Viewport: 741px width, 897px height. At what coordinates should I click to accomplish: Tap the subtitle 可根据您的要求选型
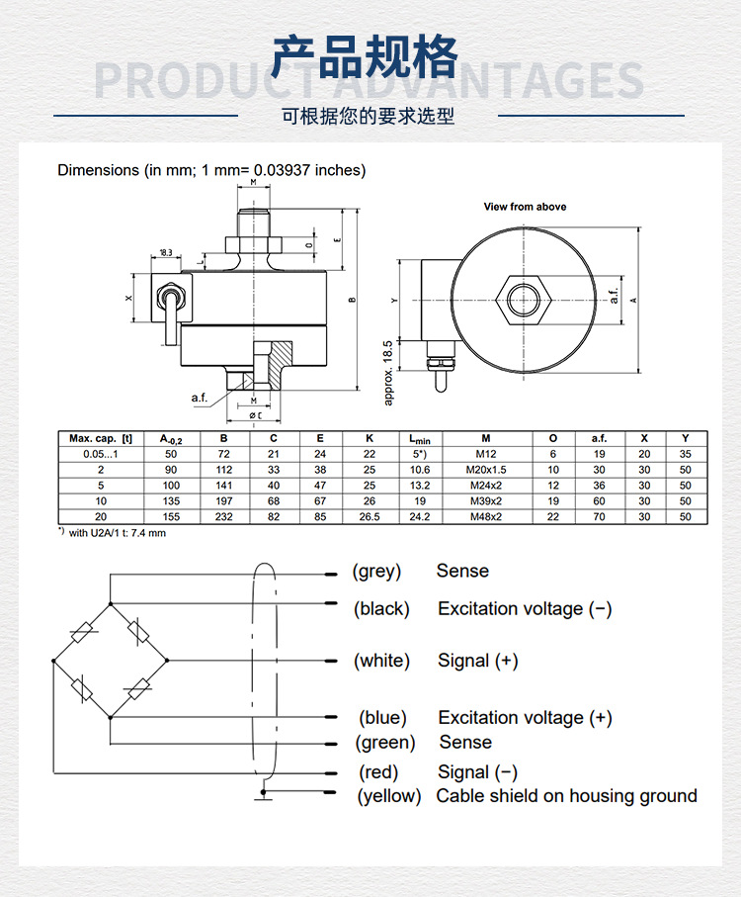click(x=369, y=116)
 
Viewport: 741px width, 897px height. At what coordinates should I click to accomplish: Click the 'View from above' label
click(x=525, y=207)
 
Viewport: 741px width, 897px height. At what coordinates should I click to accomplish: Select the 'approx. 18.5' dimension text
click(x=388, y=372)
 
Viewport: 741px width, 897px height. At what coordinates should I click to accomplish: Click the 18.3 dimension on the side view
click(x=164, y=253)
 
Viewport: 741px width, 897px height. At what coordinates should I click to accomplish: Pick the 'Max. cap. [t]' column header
click(x=101, y=438)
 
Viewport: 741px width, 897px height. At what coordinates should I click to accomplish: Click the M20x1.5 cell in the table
click(x=486, y=470)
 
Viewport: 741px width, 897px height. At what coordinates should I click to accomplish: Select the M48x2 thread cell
click(x=486, y=517)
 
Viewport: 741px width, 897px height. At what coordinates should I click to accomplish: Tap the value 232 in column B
click(x=224, y=517)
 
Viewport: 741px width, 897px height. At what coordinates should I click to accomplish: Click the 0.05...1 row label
click(x=99, y=454)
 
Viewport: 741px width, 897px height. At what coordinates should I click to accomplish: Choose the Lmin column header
click(x=419, y=438)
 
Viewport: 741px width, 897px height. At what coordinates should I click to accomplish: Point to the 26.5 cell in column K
click(x=370, y=517)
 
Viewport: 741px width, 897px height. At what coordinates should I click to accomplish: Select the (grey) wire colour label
click(x=376, y=572)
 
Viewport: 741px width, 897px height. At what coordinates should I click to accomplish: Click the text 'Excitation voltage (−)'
click(x=525, y=609)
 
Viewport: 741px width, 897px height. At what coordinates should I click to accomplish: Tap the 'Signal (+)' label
click(x=478, y=661)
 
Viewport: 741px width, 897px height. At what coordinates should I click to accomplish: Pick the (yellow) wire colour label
click(x=388, y=796)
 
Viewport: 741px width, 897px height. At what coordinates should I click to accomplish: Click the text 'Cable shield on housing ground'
click(x=566, y=796)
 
